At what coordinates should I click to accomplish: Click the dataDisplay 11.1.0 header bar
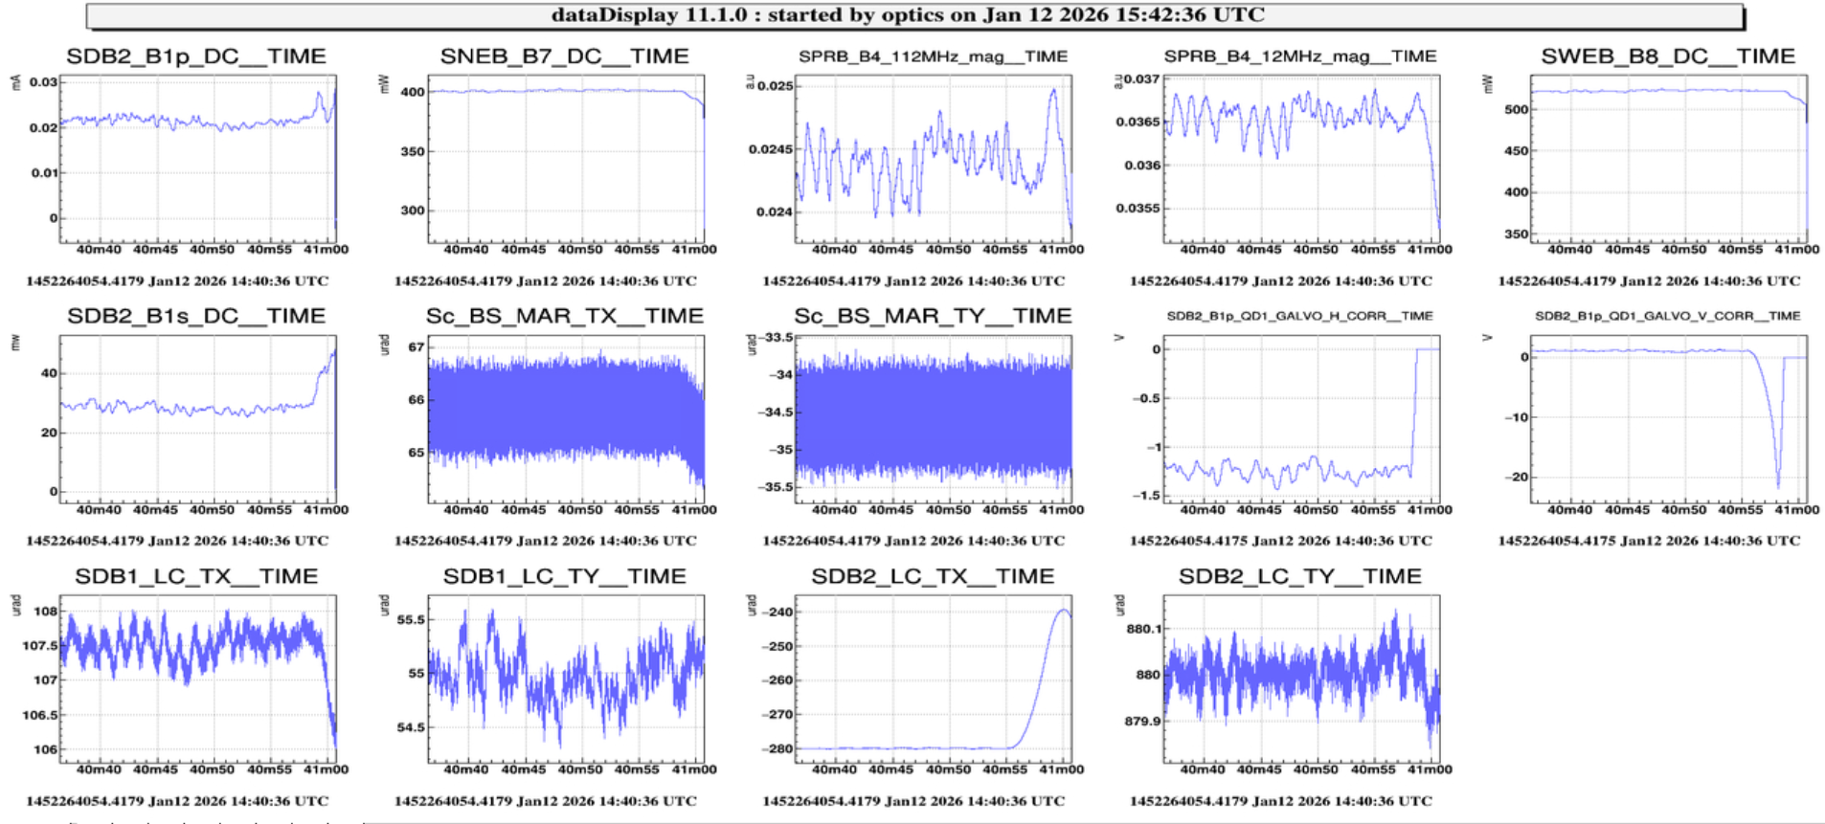(x=908, y=15)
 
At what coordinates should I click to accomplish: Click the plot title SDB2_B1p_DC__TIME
(x=196, y=56)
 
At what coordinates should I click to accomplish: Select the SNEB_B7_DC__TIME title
(x=564, y=56)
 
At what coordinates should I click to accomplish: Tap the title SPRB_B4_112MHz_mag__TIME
(x=933, y=56)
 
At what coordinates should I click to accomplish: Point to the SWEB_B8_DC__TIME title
(x=1668, y=56)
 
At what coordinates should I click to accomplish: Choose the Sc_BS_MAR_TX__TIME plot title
(x=564, y=316)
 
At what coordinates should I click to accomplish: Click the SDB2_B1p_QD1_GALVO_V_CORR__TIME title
(x=1667, y=316)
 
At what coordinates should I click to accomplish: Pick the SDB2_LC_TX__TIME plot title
(x=933, y=576)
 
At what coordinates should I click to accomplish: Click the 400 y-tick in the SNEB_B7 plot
(x=413, y=92)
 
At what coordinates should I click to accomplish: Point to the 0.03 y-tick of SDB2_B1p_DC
(x=43, y=82)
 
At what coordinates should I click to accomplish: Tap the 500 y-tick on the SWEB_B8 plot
(x=1516, y=109)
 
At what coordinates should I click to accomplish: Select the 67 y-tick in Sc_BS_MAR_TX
(x=416, y=346)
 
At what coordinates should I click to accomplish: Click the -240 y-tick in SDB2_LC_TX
(x=777, y=612)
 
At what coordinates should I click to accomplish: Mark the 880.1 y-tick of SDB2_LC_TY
(x=1143, y=629)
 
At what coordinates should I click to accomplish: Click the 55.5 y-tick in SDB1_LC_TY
(x=410, y=619)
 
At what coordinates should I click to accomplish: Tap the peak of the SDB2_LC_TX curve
(x=1065, y=610)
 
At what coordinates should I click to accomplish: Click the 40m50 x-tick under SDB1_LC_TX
(x=212, y=769)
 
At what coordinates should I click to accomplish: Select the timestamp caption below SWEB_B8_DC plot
(x=1649, y=281)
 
